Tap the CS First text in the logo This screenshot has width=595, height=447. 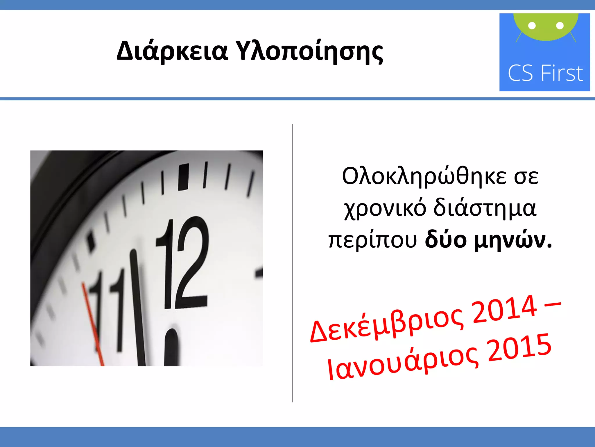[x=545, y=73]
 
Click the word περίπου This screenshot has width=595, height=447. [x=372, y=241]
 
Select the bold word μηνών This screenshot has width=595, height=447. [x=512, y=241]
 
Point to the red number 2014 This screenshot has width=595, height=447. [x=504, y=309]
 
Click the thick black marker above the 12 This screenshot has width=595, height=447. [x=183, y=177]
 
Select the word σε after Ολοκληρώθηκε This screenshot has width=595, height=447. [x=526, y=177]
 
